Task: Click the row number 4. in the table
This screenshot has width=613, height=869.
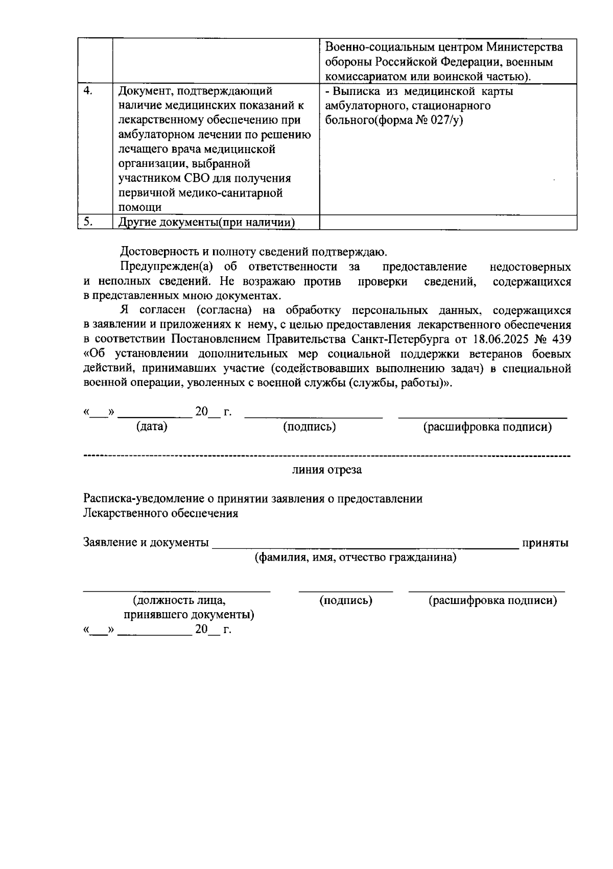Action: tap(88, 91)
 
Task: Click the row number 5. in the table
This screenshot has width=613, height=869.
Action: tap(88, 222)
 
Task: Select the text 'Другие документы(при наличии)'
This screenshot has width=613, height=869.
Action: tap(207, 223)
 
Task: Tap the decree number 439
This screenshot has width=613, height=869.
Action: tap(561, 340)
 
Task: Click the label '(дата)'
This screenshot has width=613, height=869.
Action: tap(152, 427)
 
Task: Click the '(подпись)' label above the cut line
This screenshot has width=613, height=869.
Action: tap(310, 427)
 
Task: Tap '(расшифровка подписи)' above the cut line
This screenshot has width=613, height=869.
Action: tap(487, 427)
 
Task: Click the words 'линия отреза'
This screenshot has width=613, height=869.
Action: tap(327, 470)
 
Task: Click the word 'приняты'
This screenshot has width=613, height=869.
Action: tap(545, 543)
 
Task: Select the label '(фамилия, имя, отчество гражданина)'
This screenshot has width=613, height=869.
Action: tap(356, 557)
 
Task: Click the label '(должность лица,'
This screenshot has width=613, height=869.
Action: tap(179, 600)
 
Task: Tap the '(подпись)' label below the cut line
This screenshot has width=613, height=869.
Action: tap(346, 600)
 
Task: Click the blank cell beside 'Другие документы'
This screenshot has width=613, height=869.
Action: tap(447, 223)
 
